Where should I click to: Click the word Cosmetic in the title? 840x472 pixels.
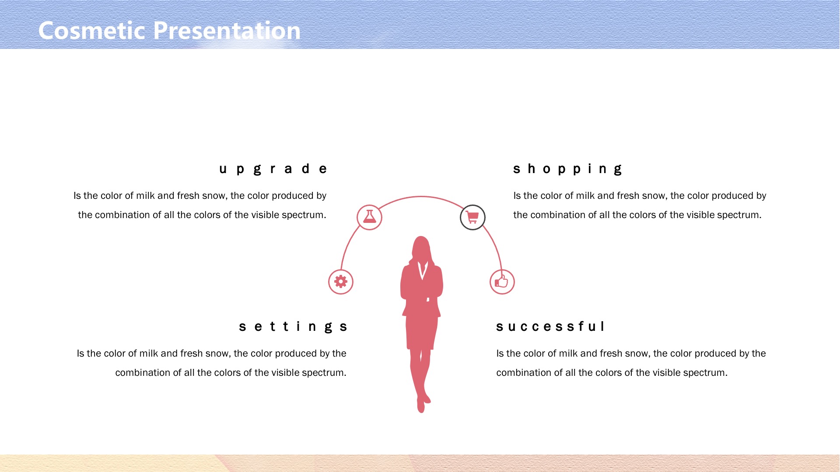92,31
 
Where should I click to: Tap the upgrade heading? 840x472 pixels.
273,169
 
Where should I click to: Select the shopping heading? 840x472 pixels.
567,169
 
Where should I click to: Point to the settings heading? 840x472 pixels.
293,327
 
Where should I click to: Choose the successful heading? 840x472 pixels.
550,326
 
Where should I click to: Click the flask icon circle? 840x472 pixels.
369,217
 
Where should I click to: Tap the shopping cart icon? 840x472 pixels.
472,217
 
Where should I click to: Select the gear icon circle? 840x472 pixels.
341,282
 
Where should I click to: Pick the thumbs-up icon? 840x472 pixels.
502,281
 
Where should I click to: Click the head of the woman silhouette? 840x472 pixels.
421,248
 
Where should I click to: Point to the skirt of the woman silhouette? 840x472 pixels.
421,332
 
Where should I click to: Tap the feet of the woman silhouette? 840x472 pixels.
423,403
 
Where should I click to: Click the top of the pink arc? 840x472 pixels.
421,197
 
